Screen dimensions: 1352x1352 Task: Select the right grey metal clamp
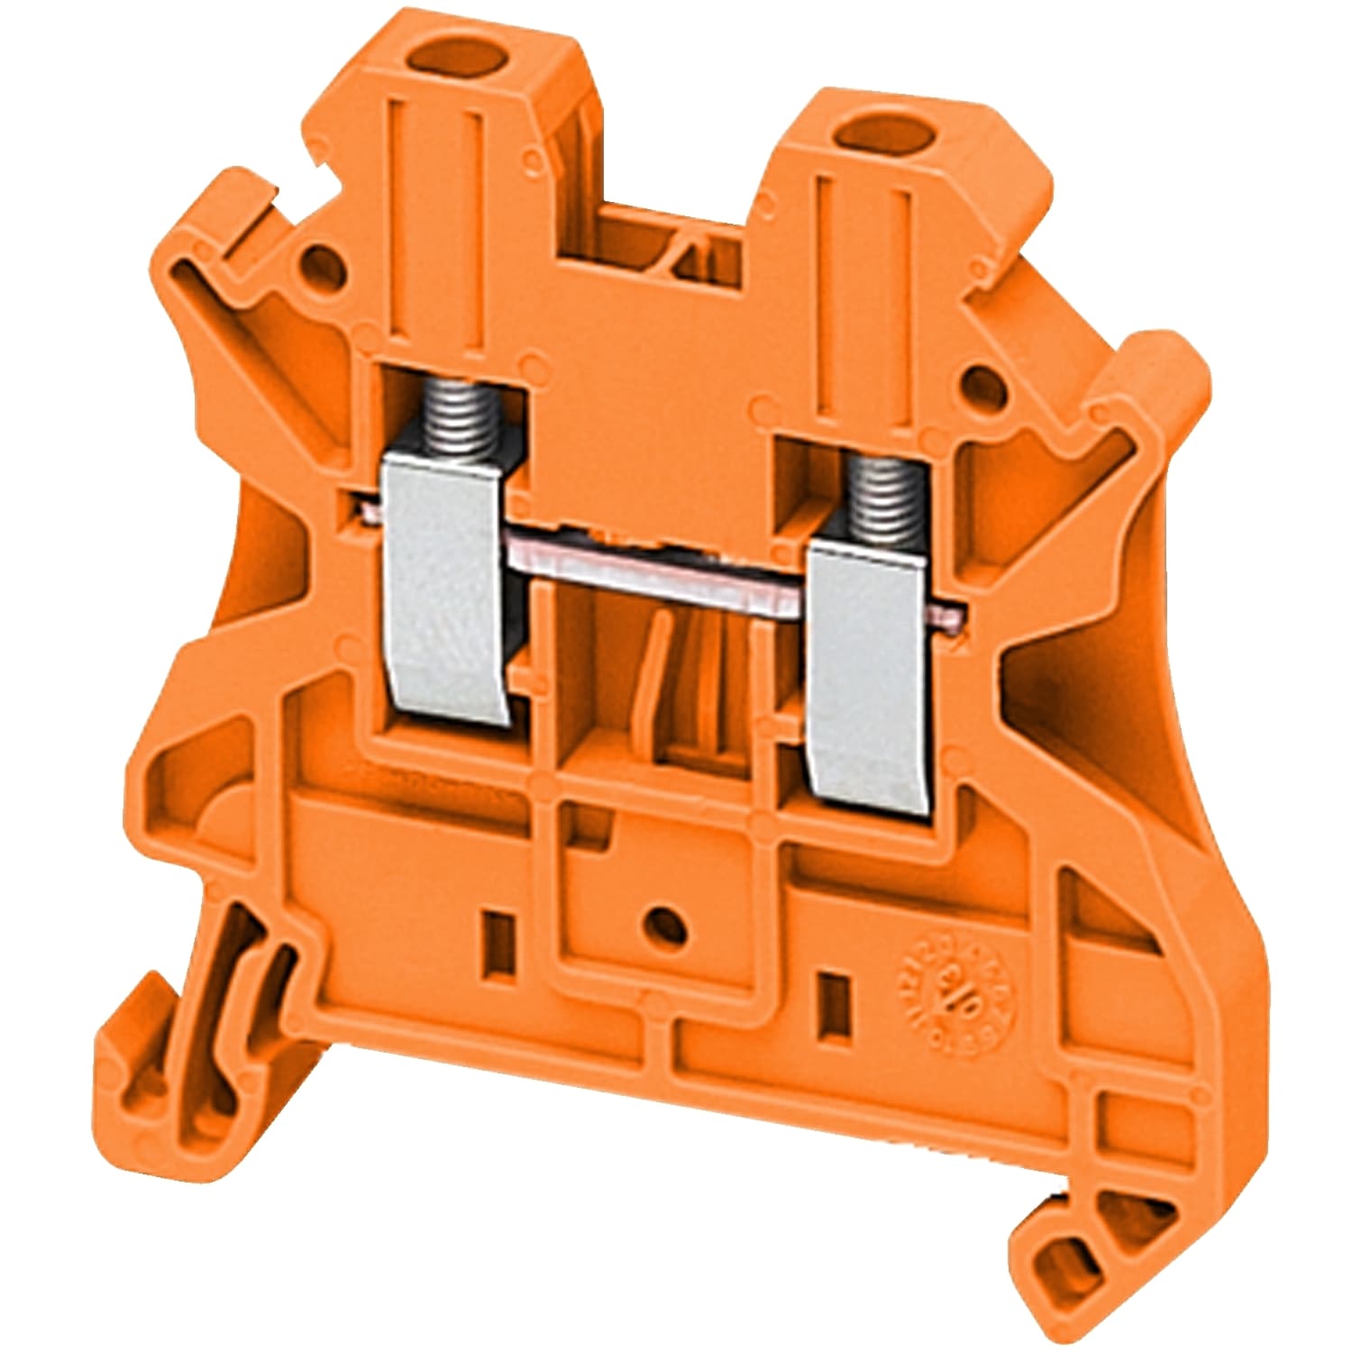[865, 676]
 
